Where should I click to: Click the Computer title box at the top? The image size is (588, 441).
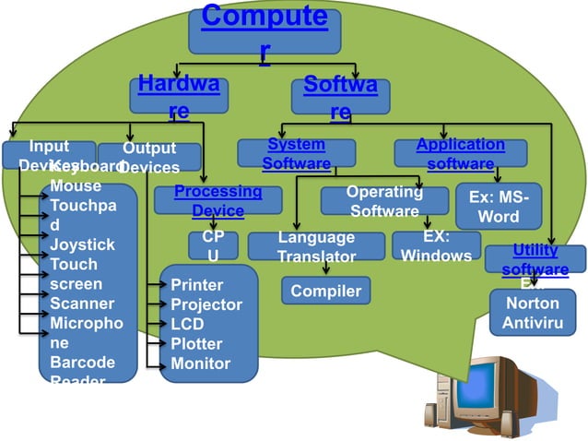point(264,30)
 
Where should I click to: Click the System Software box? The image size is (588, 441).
point(296,153)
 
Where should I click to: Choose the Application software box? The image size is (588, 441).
point(460,153)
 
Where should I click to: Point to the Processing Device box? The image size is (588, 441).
point(218,201)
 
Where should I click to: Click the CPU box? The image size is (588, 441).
point(213,246)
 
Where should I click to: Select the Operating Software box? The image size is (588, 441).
point(384,201)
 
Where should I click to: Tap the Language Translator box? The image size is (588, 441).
point(317,246)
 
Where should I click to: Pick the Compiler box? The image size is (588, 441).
point(325,292)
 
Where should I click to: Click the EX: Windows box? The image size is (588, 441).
point(436,245)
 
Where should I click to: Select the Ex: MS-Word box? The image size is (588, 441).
point(499,208)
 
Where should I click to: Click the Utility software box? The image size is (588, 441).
point(535,259)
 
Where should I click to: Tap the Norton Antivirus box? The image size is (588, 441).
point(533,313)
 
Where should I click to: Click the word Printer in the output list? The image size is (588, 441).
point(196,285)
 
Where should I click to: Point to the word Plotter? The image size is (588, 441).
point(196,344)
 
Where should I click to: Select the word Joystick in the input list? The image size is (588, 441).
point(82,245)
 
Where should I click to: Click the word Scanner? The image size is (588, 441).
point(82,304)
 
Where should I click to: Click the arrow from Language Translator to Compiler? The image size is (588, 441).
point(327,268)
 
